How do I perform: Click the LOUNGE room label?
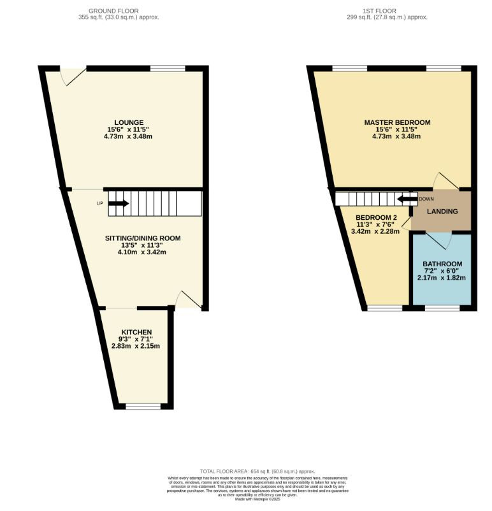tap(129, 122)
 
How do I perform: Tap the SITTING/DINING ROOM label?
tap(143, 238)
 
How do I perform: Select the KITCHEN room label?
tap(136, 332)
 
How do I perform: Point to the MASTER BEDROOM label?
tap(397, 122)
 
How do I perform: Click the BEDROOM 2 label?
tap(376, 217)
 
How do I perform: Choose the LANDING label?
tap(442, 212)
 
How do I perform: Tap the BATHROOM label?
tap(442, 264)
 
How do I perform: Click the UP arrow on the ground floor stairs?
tap(118, 204)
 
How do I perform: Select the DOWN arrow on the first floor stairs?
tap(404, 199)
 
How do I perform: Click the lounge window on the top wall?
tap(168, 68)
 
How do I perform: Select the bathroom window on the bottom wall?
tap(442, 308)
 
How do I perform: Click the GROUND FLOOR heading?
tap(114, 11)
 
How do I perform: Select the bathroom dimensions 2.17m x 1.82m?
tap(442, 278)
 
